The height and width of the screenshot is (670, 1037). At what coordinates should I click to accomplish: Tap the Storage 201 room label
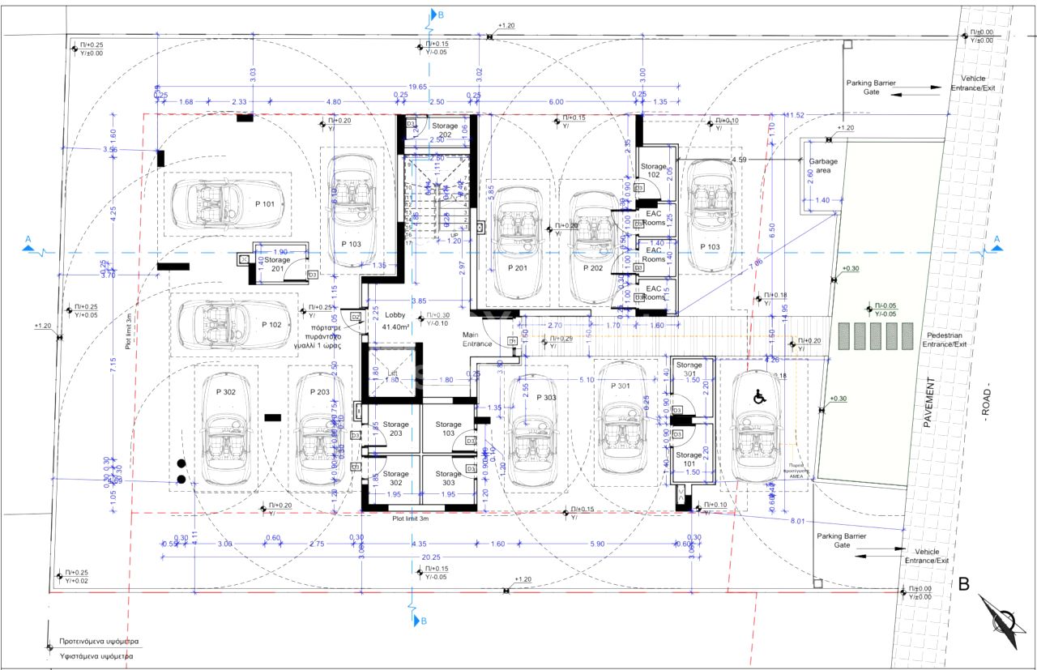pos(271,264)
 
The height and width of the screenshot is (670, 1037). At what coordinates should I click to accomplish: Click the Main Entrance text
pos(477,339)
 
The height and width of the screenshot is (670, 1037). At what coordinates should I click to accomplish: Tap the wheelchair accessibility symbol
pos(760,397)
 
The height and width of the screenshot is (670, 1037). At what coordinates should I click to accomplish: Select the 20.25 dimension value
pos(430,557)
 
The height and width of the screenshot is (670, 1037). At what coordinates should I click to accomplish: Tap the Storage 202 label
pos(445,130)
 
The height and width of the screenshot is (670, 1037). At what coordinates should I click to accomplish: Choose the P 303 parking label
pos(544,398)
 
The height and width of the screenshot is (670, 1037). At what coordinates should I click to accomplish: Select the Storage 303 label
pos(448,478)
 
